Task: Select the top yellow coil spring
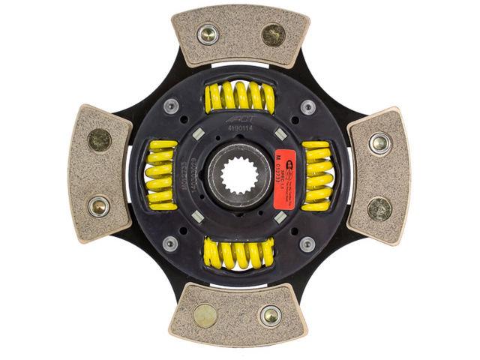tap(239, 97)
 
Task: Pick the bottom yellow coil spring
tap(238, 253)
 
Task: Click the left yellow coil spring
tap(161, 174)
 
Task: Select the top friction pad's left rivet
tap(208, 34)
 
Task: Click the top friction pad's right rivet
tap(272, 34)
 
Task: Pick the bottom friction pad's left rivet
tap(205, 314)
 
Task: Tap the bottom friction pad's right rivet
tap(271, 314)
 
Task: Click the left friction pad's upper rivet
tap(100, 140)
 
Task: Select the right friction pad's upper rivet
tap(379, 142)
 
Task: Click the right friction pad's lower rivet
tap(379, 208)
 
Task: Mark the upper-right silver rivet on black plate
tap(307, 106)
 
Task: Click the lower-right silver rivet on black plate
tap(307, 243)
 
